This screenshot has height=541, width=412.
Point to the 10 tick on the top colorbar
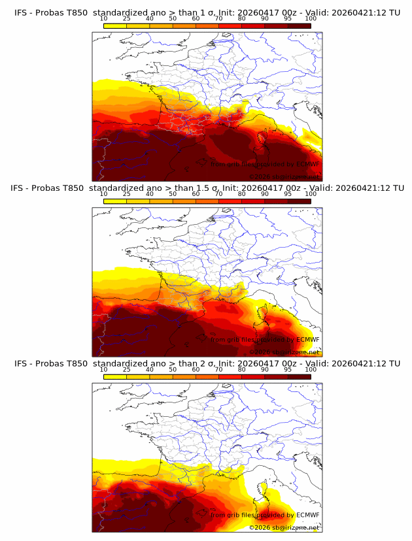coord(103,18)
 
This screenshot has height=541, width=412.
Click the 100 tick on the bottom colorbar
coord(311,370)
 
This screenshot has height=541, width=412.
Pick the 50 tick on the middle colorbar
coord(173,194)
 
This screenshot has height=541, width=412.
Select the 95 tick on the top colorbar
coord(288,18)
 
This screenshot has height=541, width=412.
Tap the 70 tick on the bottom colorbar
coord(218,370)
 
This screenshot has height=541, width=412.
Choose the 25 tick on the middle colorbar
coord(126,194)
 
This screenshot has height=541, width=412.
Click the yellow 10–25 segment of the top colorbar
coord(114,25)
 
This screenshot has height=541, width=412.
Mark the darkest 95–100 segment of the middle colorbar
coord(299,201)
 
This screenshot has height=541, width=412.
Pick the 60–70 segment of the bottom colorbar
coord(207,377)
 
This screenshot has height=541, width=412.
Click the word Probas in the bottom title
coord(49,363)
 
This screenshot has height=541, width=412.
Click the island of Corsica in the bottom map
coord(263,490)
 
